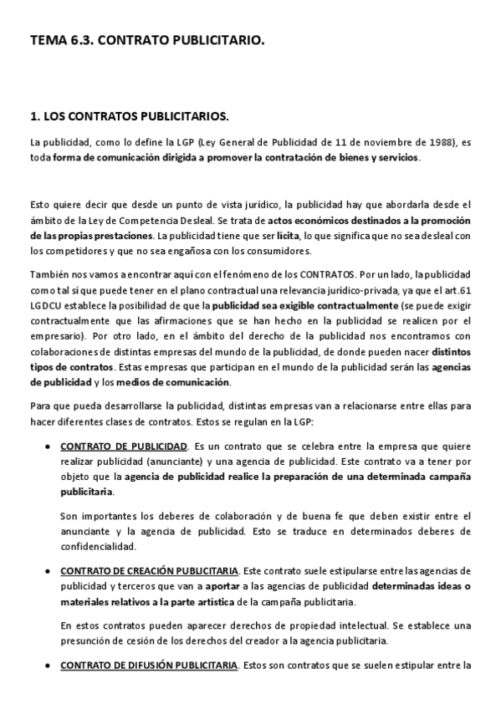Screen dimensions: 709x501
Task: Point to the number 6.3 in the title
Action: [x=80, y=38]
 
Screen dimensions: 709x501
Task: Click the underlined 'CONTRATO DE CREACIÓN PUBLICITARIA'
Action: [x=150, y=571]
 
